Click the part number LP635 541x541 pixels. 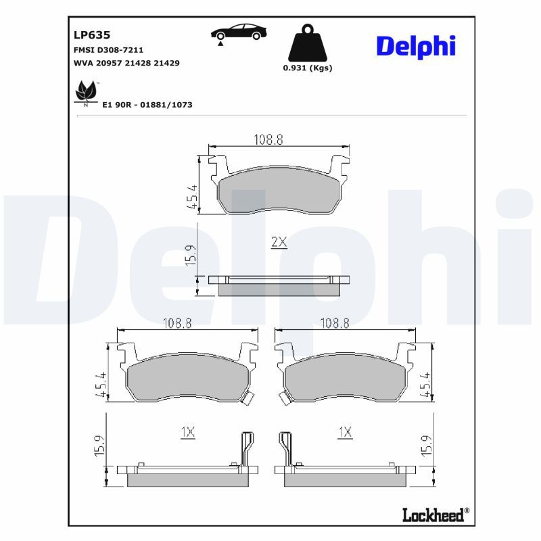[x=92, y=35]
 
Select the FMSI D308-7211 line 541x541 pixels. [x=108, y=50]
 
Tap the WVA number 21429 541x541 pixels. [x=166, y=63]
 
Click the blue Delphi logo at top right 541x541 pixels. [x=416, y=47]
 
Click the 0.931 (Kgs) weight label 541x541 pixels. [x=308, y=68]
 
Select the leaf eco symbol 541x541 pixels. [x=86, y=92]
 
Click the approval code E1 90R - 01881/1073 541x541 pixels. [x=147, y=105]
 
